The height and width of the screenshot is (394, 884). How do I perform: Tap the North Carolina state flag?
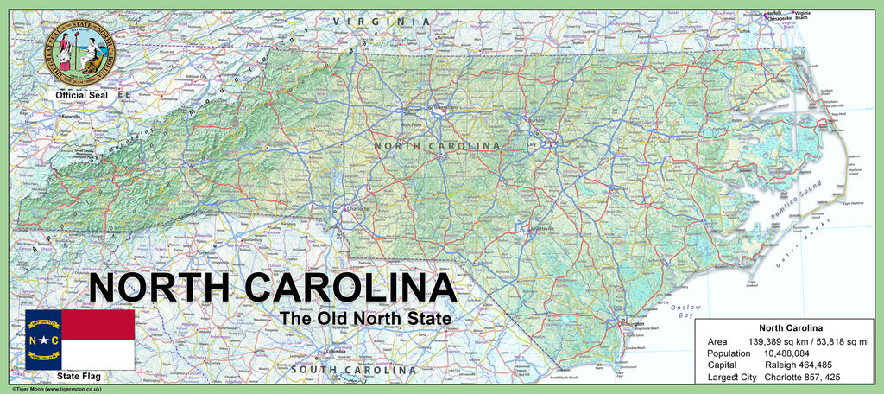click(x=79, y=340)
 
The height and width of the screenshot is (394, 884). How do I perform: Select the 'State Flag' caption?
click(x=79, y=377)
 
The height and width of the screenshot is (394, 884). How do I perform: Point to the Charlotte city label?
click(x=357, y=208)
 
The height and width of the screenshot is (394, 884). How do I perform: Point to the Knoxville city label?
click(x=70, y=116)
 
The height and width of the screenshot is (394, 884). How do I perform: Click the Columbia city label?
click(x=332, y=352)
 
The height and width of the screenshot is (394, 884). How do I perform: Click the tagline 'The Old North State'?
click(x=365, y=319)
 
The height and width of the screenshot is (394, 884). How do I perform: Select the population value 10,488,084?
click(x=786, y=353)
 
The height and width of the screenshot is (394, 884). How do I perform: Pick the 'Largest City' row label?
click(x=731, y=378)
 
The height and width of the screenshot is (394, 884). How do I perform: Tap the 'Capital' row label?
click(x=722, y=365)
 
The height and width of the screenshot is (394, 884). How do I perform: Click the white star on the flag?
click(x=43, y=340)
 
